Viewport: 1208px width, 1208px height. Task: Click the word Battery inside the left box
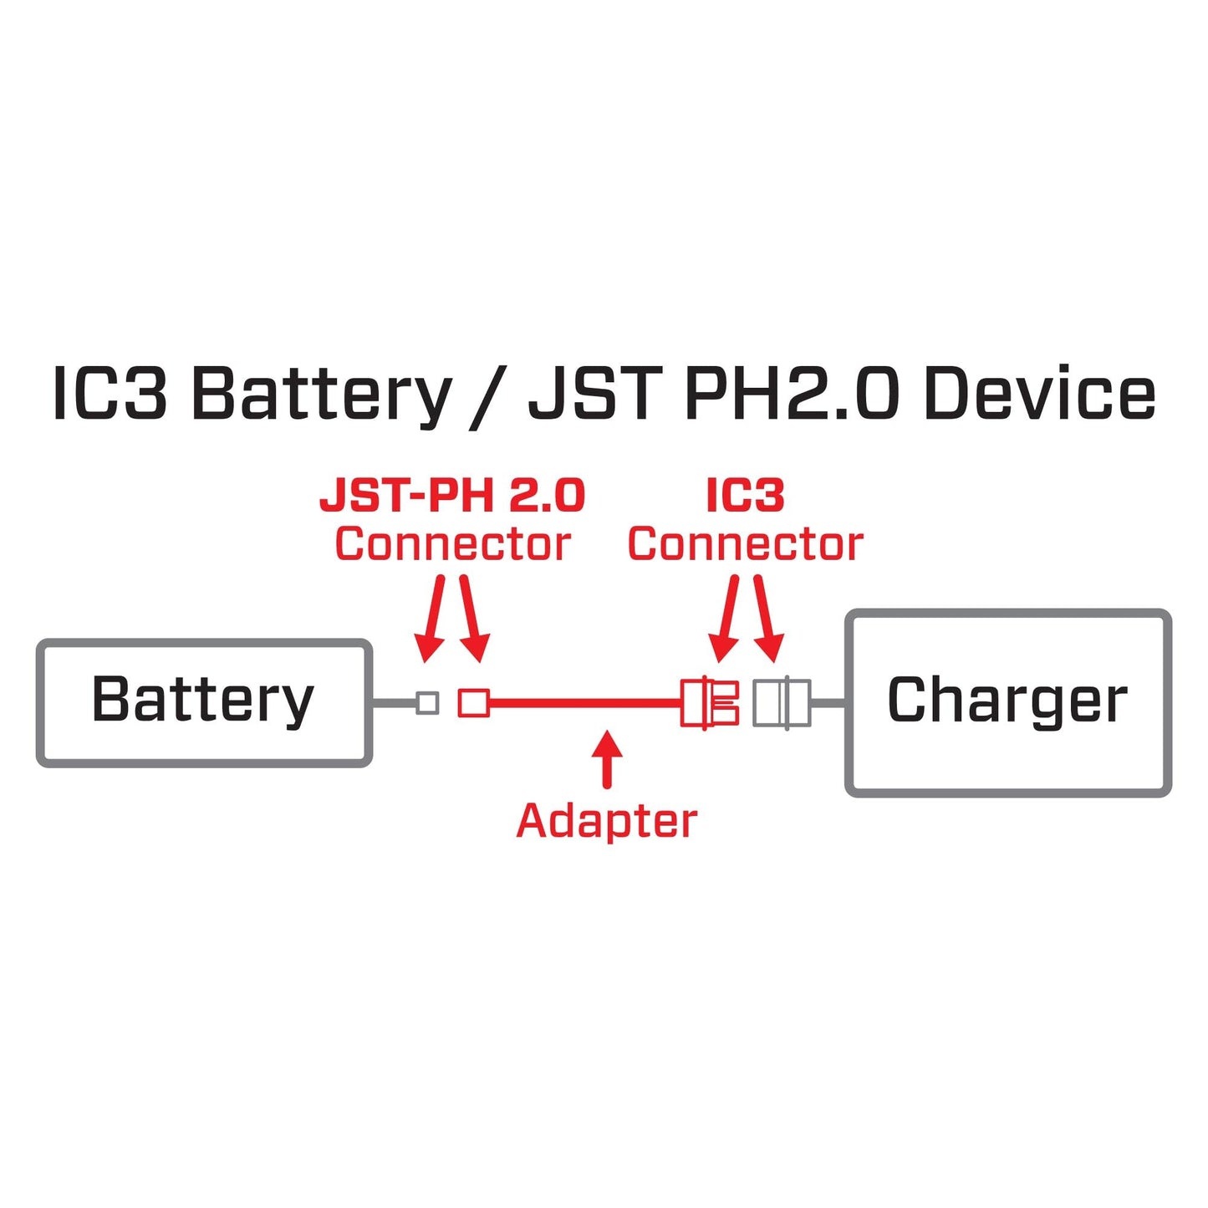202,700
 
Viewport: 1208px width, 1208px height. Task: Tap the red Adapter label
606,821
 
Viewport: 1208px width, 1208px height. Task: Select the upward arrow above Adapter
607,758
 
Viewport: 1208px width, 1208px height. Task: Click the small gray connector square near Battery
427,702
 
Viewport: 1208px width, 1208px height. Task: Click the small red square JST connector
474,702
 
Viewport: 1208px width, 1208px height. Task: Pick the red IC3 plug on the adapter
710,702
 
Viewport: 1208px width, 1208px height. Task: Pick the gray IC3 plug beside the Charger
781,702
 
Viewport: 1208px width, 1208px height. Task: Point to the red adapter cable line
585,703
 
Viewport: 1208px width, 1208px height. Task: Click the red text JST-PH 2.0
452,496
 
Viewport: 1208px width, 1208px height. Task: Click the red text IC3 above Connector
745,496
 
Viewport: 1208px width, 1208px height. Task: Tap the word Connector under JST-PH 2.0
452,544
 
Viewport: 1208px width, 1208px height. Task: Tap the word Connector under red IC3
745,544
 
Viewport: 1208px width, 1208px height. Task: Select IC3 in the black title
110,394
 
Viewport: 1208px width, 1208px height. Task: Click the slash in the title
487,397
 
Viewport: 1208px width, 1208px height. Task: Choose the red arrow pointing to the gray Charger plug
767,619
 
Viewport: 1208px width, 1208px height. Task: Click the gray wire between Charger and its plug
828,703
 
